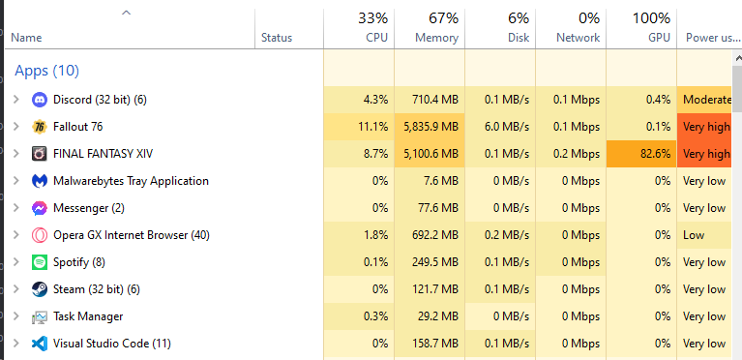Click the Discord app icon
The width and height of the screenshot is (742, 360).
pos(40,100)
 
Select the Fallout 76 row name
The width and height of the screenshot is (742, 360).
pos(78,127)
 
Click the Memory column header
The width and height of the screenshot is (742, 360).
pos(436,38)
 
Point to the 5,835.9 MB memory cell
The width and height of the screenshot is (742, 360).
pos(431,127)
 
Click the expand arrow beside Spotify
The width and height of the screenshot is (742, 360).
pos(16,262)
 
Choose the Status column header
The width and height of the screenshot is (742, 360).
pos(277,38)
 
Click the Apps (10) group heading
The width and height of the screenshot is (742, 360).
pos(46,71)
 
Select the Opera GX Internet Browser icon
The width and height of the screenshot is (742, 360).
pos(40,235)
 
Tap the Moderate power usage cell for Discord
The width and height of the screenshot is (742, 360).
pos(707,100)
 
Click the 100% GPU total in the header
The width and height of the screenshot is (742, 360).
pos(652,18)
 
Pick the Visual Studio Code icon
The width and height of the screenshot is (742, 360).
pos(40,344)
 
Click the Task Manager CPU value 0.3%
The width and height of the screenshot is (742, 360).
pos(376,316)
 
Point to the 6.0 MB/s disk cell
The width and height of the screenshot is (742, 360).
pos(507,127)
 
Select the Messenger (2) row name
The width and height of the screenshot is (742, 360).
pos(89,208)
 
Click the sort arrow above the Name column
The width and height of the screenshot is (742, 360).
pos(126,14)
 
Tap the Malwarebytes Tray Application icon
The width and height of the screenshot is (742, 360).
pos(40,181)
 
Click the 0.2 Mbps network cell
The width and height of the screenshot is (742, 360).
pos(577,154)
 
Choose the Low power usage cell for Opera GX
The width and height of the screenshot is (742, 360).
pos(694,235)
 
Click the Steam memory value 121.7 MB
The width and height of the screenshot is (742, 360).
pos(435,289)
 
